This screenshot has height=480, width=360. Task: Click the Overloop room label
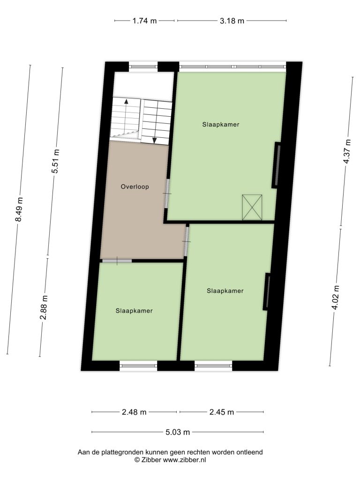tap(135, 187)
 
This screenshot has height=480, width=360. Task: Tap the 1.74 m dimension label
tap(144, 21)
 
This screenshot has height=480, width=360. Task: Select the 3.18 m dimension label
tap(232, 21)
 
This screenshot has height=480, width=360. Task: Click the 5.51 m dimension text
tap(55, 161)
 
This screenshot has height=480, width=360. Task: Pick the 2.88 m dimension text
tap(44, 307)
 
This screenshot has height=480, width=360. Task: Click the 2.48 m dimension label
tap(134, 412)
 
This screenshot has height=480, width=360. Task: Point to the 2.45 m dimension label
tap(222, 412)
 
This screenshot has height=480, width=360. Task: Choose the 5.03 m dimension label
tap(178, 432)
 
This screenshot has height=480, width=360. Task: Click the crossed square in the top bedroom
tap(252, 207)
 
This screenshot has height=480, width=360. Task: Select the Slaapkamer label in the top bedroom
tap(221, 125)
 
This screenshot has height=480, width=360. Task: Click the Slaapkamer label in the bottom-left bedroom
tap(134, 311)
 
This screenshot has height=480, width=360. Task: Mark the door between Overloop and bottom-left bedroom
tap(117, 261)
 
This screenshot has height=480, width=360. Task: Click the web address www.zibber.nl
tap(184, 460)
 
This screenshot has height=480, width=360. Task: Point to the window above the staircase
tap(143, 66)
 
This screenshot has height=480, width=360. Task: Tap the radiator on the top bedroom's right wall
tap(277, 165)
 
